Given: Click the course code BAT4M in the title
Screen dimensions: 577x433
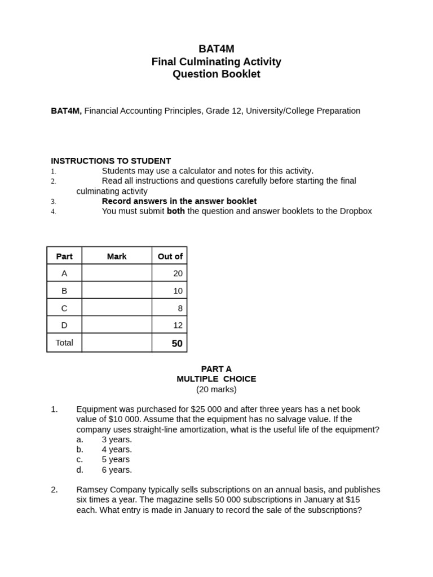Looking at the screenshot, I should click(x=216, y=49).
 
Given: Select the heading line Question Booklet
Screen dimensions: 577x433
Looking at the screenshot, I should click(x=216, y=74).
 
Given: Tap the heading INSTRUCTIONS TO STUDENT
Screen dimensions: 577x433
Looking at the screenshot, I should click(x=111, y=161).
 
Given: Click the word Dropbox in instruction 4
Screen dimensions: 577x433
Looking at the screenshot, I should click(x=354, y=211).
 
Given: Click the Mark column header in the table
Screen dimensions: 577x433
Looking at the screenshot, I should click(x=117, y=256).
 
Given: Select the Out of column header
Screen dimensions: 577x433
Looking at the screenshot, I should click(x=170, y=256).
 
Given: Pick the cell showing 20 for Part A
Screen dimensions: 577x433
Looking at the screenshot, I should click(x=178, y=273).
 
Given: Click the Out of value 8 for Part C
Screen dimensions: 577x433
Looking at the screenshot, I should click(x=180, y=308).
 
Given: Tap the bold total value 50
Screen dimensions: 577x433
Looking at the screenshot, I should click(x=177, y=343).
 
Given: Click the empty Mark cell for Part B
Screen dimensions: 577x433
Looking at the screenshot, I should click(x=117, y=291).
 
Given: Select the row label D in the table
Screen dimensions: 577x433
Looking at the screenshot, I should click(x=64, y=325).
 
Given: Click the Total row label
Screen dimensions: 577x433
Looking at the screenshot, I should click(x=64, y=343).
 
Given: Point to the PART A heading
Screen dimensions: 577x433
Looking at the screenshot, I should click(x=216, y=369).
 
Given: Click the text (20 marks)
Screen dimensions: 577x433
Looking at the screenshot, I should click(x=216, y=389).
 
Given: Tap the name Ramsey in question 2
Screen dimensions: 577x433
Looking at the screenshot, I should click(x=92, y=490).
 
